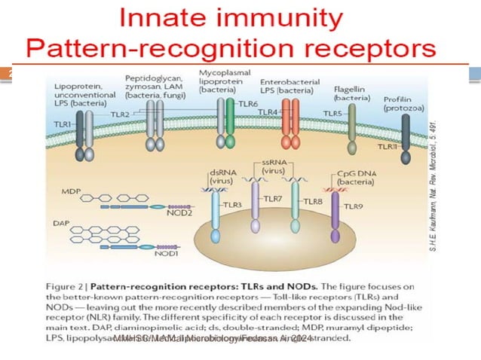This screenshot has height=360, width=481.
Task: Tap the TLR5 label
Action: pyautogui.click(x=333, y=114)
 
